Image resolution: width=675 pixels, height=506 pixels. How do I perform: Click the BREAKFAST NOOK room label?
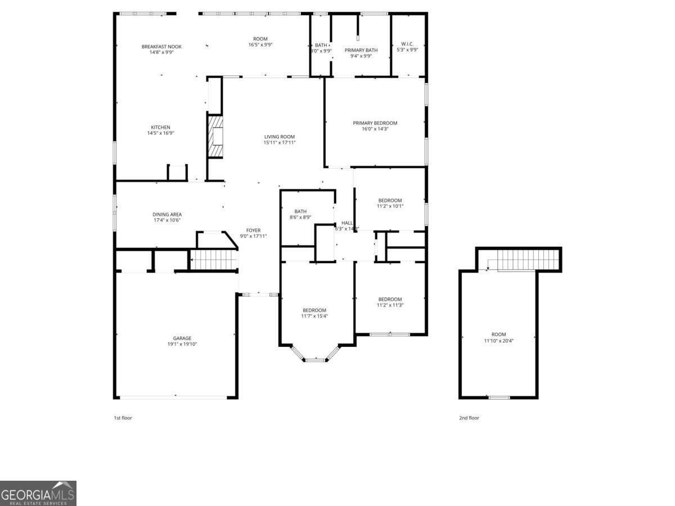point(161,47)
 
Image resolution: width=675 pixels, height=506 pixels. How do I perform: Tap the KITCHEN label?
point(160,128)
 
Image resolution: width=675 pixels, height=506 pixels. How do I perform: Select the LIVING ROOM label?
point(280,137)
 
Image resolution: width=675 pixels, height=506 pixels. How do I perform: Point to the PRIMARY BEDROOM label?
point(375,123)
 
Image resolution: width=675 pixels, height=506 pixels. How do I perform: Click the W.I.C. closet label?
point(407,44)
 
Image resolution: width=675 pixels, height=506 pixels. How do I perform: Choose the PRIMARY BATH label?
point(361,50)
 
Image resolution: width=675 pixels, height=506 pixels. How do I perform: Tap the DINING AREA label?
point(167,214)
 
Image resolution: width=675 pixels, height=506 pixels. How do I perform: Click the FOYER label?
point(253,231)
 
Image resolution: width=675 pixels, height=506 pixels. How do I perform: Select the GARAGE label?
point(182,338)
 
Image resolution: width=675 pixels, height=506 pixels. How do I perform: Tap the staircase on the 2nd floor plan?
point(526,260)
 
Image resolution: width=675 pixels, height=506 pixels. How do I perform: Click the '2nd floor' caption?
point(469,418)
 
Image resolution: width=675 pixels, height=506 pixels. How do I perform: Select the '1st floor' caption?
point(123,418)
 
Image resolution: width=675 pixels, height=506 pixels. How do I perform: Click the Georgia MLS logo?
point(38,493)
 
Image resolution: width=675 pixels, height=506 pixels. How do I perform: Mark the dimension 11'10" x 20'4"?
point(499,340)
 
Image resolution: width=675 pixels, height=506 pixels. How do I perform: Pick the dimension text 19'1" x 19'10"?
point(182,344)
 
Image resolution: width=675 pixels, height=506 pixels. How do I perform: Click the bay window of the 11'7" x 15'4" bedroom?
point(316,356)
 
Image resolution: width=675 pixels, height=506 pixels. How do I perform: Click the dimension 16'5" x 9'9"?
point(260,44)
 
